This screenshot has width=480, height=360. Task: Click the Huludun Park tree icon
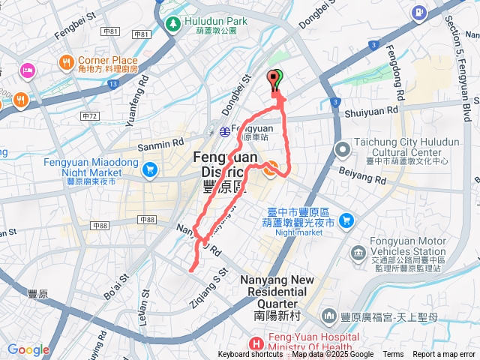pos(173,24)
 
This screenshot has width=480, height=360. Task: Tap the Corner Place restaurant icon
pos(66,61)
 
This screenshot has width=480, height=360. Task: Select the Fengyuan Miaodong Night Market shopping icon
pos(149,169)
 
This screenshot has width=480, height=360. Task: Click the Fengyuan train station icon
pos(224,131)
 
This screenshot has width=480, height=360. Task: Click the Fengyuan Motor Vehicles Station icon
pos(358,257)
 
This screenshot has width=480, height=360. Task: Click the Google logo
pos(28,349)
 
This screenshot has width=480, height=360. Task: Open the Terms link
pos(392,355)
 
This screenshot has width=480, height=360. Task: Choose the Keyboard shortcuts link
pos(250,355)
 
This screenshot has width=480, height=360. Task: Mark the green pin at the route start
pos(278,77)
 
